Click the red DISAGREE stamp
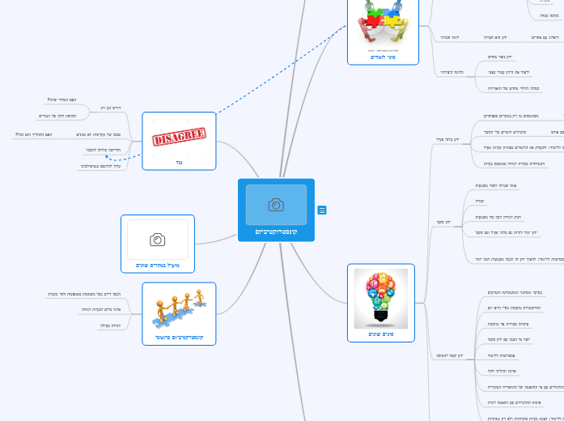pyautogui.click(x=179, y=135)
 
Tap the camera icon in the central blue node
pyautogui.click(x=276, y=204)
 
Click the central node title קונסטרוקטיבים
pyautogui.click(x=276, y=232)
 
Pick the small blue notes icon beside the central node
pyautogui.click(x=322, y=210)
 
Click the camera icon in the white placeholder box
pyautogui.click(x=158, y=240)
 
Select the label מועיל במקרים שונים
pyautogui.click(x=158, y=265)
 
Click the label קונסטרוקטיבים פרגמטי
pyautogui.click(x=179, y=336)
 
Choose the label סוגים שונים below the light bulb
pyautogui.click(x=380, y=334)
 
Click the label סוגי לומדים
pyautogui.click(x=383, y=57)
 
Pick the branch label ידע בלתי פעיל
pyautogui.click(x=447, y=139)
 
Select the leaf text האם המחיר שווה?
pyautogui.click(x=62, y=100)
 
